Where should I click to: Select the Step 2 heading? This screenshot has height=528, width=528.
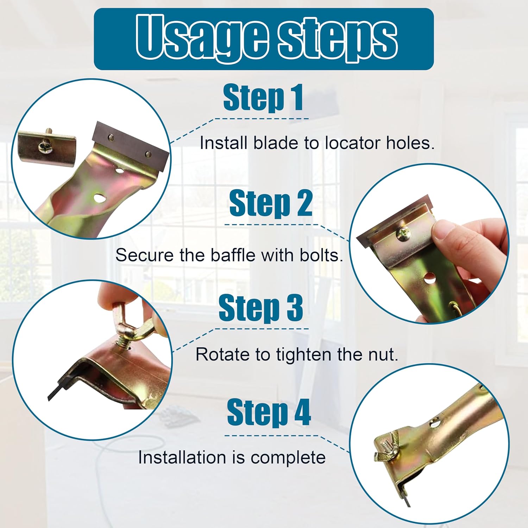[270, 203]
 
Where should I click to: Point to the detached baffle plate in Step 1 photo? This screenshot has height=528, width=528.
[46, 147]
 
